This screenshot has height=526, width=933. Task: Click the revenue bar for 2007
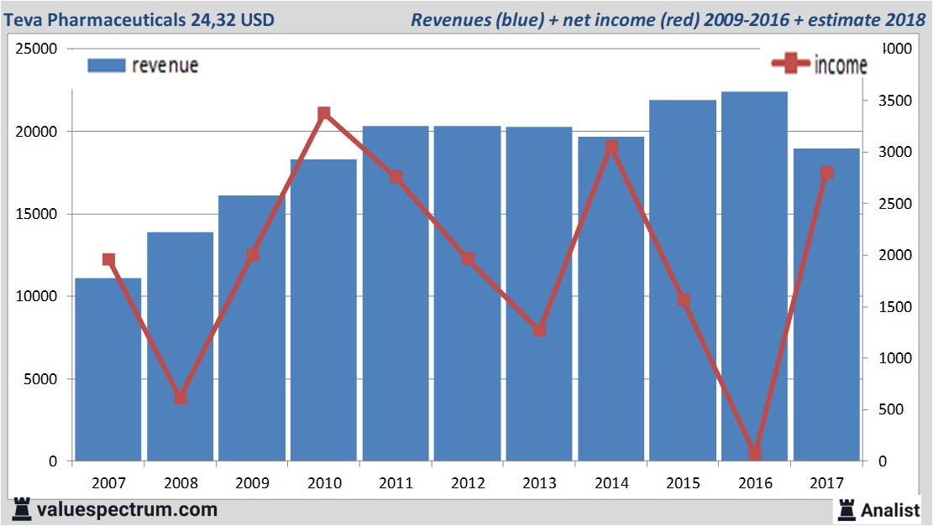pos(108,369)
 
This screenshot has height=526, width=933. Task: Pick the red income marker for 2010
pos(324,113)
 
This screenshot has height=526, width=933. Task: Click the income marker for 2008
pos(181,398)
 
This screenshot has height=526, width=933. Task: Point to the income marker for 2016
pos(754,454)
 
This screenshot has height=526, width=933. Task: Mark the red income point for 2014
pos(611,148)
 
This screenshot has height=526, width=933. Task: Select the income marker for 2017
pos(826,173)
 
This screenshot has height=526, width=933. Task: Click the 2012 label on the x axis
pos(467,484)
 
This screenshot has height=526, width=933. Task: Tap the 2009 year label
pos(252,484)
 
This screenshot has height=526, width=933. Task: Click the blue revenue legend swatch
pos(106,65)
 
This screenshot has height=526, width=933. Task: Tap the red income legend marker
pos(790,64)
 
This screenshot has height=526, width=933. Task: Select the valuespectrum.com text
pos(127,509)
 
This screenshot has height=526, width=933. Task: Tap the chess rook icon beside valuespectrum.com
pos(21,509)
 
